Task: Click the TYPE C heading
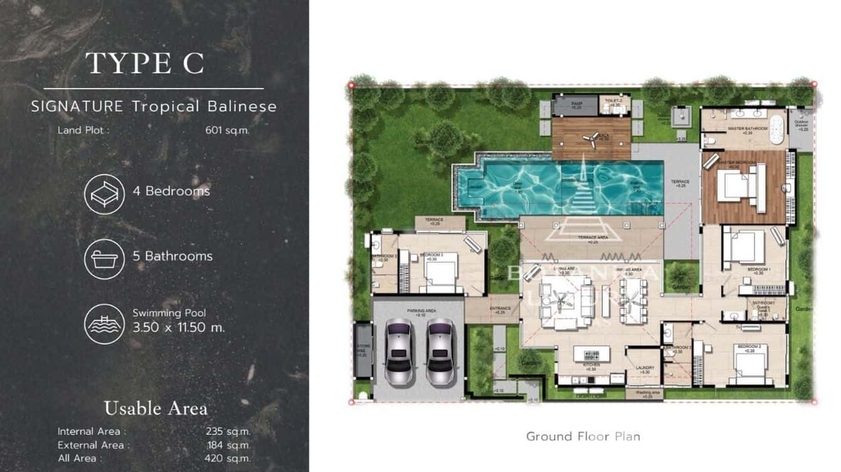coord(145,63)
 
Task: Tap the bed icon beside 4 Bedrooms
coord(104,194)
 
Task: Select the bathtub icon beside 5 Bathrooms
coord(104,259)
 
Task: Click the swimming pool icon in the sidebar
coord(104,324)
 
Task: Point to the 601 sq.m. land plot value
coord(227,131)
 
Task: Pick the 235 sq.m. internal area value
coord(228,431)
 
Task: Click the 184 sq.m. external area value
coord(229,445)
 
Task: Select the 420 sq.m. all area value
coord(227,458)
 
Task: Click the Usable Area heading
coord(155,409)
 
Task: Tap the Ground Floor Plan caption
coord(583,436)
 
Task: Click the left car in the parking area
coord(399,351)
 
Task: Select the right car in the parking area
coord(440,351)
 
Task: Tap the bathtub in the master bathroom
coord(776,130)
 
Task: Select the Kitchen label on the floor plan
coord(590,365)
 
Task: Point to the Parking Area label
coord(417,310)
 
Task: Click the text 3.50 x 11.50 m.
coord(179,327)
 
